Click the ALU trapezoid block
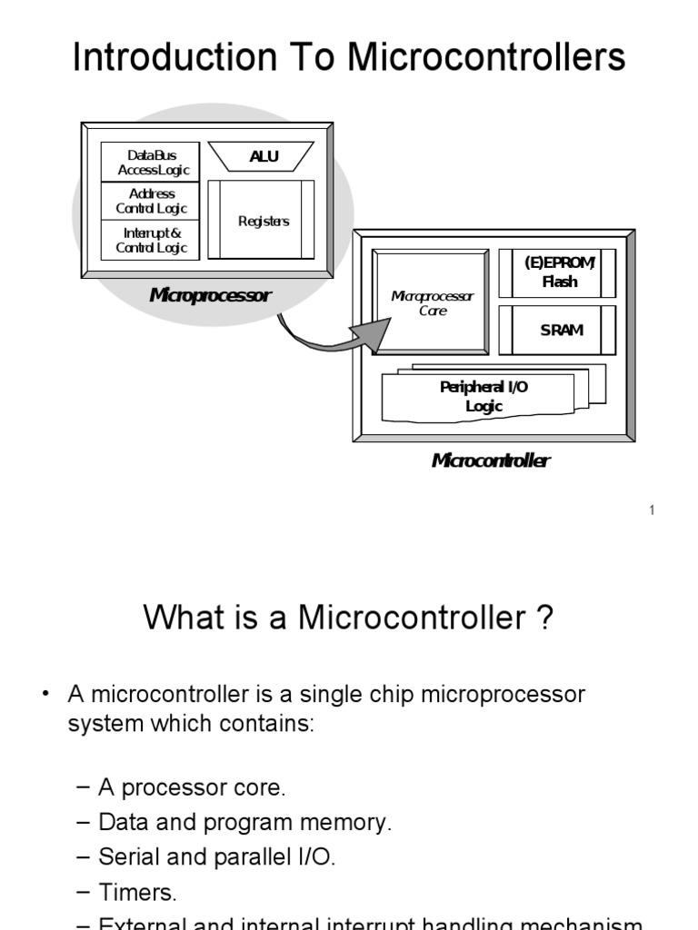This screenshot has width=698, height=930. [x=263, y=156]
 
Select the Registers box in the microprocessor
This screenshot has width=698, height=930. [x=263, y=220]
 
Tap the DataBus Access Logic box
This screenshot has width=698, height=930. [x=150, y=163]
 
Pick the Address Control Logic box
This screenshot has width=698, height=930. [x=150, y=201]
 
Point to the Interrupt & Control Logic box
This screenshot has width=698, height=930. [x=150, y=241]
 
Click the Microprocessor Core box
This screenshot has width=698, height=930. [x=432, y=303]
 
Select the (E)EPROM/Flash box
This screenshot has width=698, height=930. [x=558, y=272]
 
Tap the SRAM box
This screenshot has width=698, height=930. [x=558, y=330]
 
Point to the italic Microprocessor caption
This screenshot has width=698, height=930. [x=210, y=295]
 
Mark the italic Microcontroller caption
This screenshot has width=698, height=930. [x=491, y=460]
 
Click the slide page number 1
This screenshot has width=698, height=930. [x=652, y=510]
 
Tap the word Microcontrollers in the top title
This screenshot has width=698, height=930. [x=486, y=58]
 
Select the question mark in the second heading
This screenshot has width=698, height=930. [x=544, y=618]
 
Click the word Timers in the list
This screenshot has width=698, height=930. [x=138, y=892]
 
